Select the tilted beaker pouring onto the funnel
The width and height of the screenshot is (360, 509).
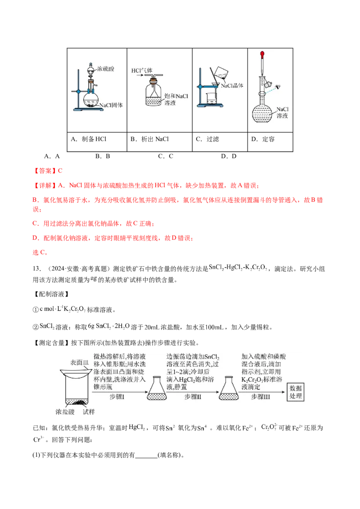(x=220, y=72)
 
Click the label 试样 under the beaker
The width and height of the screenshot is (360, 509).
(x=89, y=411)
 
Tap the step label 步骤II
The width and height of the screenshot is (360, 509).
(x=193, y=397)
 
